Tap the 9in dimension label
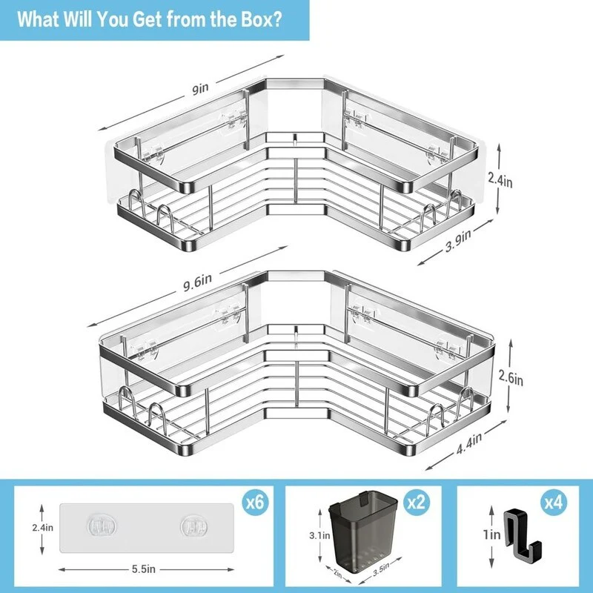tap(200, 89)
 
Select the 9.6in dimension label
tap(197, 282)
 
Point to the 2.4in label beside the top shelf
tap(500, 179)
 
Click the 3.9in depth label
tap(458, 240)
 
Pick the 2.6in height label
tap(511, 377)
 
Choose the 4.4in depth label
tap(469, 443)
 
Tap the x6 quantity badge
tap(255, 503)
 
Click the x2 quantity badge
tap(417, 503)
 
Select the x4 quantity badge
tap(554, 503)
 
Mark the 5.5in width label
tap(144, 569)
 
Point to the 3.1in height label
tap(319, 535)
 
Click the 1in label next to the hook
tap(491, 534)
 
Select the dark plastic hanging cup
tap(363, 529)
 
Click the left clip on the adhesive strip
tap(102, 526)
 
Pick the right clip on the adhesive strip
tap(193, 526)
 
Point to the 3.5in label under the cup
tap(381, 569)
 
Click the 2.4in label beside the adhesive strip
tap(43, 527)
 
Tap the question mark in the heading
tap(276, 19)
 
